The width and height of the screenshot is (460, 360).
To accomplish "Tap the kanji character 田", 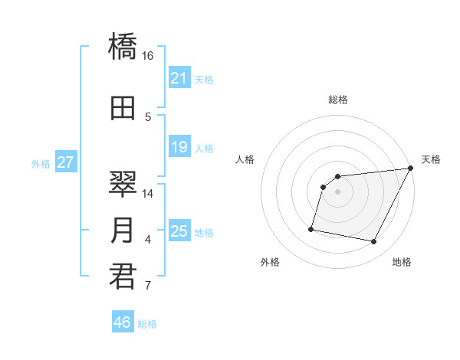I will click(x=123, y=108).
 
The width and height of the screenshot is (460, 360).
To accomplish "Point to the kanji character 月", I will click(x=123, y=231).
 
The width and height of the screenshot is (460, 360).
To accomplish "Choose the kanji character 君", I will click(x=123, y=277).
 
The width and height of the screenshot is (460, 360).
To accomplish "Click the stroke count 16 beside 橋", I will click(x=148, y=56).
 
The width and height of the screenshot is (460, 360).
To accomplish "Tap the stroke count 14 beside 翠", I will click(x=148, y=194).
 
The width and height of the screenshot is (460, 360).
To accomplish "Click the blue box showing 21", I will click(x=179, y=78).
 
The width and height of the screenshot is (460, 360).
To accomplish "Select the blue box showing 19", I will click(x=179, y=147).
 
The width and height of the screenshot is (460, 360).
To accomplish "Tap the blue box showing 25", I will click(x=179, y=231).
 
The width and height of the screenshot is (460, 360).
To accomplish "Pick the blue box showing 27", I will click(x=65, y=162).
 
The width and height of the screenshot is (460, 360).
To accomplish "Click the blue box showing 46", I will click(x=122, y=322).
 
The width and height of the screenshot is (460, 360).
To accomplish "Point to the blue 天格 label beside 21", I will click(x=204, y=79).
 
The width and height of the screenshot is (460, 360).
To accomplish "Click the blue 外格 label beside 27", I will click(x=41, y=163).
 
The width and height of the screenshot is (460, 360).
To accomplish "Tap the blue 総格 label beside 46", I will click(x=147, y=324).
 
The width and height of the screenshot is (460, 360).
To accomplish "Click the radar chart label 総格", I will click(x=337, y=100).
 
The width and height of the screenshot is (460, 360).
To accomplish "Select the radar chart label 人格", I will click(x=245, y=159).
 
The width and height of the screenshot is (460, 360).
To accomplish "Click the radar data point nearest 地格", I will click(x=374, y=242).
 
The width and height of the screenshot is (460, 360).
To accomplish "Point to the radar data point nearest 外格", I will click(x=311, y=228).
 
